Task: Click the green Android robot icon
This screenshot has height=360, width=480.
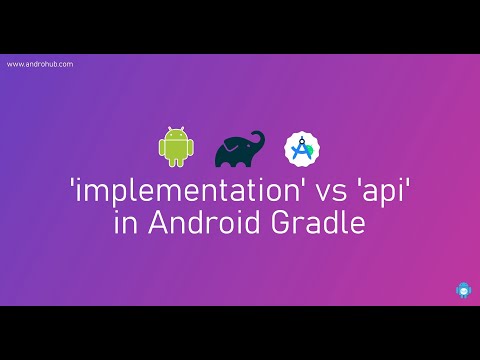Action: coord(173,147)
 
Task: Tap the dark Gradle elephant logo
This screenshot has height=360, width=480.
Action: coord(240,148)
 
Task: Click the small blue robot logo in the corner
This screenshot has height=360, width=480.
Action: coord(461,291)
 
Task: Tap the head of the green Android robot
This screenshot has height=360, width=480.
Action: coord(173,134)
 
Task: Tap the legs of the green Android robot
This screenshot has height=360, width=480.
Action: coord(173,161)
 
